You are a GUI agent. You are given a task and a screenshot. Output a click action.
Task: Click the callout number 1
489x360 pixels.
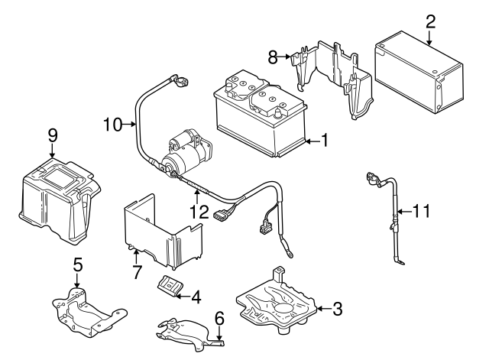pyautogui.click(x=324, y=140)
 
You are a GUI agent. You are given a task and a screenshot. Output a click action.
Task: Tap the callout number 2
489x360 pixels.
pyautogui.click(x=430, y=20)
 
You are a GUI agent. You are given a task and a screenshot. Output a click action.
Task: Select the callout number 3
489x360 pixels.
pyautogui.click(x=337, y=309)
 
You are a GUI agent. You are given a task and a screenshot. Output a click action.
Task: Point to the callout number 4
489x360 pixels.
pyautogui.click(x=196, y=295)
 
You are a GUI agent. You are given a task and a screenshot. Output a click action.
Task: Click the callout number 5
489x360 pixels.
pyautogui.click(x=77, y=265)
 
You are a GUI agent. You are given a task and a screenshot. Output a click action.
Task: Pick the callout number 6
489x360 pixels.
pyautogui.click(x=219, y=316)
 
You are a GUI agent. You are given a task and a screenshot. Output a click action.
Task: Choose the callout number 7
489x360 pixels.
pyautogui.click(x=136, y=271)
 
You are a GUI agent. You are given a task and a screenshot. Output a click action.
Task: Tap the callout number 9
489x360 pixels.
pyautogui.click(x=53, y=135)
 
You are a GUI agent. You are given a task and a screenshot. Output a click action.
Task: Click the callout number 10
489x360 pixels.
pyautogui.click(x=112, y=124)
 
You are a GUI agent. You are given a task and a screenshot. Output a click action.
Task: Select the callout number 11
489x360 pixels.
pyautogui.click(x=423, y=209)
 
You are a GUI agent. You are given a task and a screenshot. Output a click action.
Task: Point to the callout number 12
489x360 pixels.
pyautogui.click(x=198, y=209)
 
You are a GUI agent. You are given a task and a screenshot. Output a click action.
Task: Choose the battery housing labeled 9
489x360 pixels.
pyautogui.click(x=57, y=196)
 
